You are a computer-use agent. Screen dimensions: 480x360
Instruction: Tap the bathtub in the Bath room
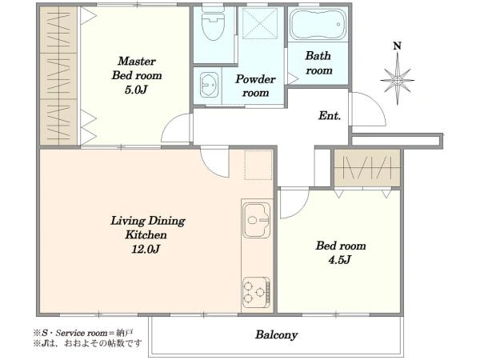[318, 24]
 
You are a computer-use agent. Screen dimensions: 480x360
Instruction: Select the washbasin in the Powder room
[210, 84]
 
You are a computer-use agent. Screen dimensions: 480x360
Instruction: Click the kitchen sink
[257, 220]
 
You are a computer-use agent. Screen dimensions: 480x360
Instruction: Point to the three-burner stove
[257, 293]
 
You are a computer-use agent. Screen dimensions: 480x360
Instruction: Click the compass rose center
[398, 81]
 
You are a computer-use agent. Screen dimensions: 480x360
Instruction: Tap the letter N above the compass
[397, 46]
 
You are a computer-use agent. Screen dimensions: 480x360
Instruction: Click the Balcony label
[277, 334]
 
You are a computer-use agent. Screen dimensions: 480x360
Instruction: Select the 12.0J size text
[146, 249]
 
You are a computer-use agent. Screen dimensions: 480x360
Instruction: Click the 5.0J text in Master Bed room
[136, 90]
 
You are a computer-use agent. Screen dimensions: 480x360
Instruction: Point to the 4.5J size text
[339, 260]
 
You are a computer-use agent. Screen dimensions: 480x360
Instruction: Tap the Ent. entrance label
[330, 116]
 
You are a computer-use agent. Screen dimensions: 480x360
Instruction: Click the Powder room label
[255, 86]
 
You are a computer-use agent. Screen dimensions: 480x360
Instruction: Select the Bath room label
[318, 63]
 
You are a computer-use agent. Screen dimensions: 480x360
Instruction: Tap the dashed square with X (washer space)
[260, 23]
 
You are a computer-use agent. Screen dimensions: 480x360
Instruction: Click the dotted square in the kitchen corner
[258, 165]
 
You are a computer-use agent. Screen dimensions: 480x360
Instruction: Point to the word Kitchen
[146, 234]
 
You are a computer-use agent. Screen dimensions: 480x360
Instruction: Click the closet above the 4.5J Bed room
[367, 168]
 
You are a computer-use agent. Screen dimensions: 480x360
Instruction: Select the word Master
[137, 61]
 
